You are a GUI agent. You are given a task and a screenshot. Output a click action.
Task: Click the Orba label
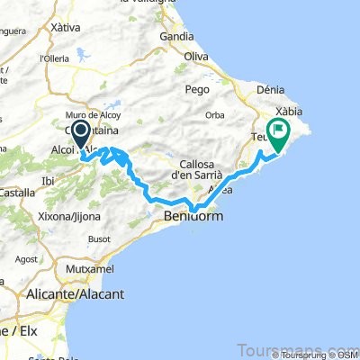[214, 114]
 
